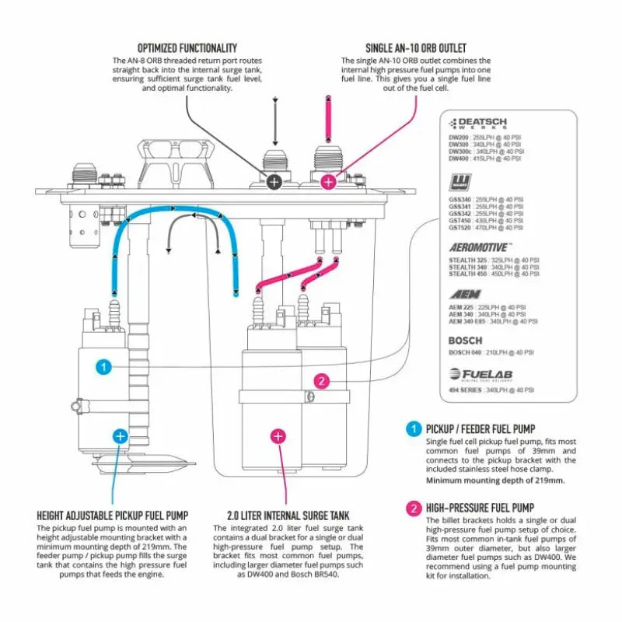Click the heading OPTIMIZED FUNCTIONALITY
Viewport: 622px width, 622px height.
(187, 48)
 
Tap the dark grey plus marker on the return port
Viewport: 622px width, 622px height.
(274, 182)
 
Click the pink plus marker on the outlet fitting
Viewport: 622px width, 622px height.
(328, 182)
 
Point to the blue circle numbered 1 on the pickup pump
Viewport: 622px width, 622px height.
(104, 366)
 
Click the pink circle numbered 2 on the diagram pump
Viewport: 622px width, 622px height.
(322, 381)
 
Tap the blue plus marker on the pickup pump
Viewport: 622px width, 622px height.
(120, 436)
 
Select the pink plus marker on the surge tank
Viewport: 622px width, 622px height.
(277, 436)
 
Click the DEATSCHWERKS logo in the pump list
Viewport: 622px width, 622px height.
(478, 124)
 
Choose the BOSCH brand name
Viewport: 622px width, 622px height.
(465, 341)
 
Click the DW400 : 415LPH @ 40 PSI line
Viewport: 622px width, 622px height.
(484, 158)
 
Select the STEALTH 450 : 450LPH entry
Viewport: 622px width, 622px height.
(493, 274)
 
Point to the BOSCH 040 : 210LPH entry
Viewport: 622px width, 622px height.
(491, 352)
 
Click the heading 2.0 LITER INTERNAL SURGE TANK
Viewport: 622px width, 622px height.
(288, 515)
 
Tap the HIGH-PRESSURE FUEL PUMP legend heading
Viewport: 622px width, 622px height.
(480, 508)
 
